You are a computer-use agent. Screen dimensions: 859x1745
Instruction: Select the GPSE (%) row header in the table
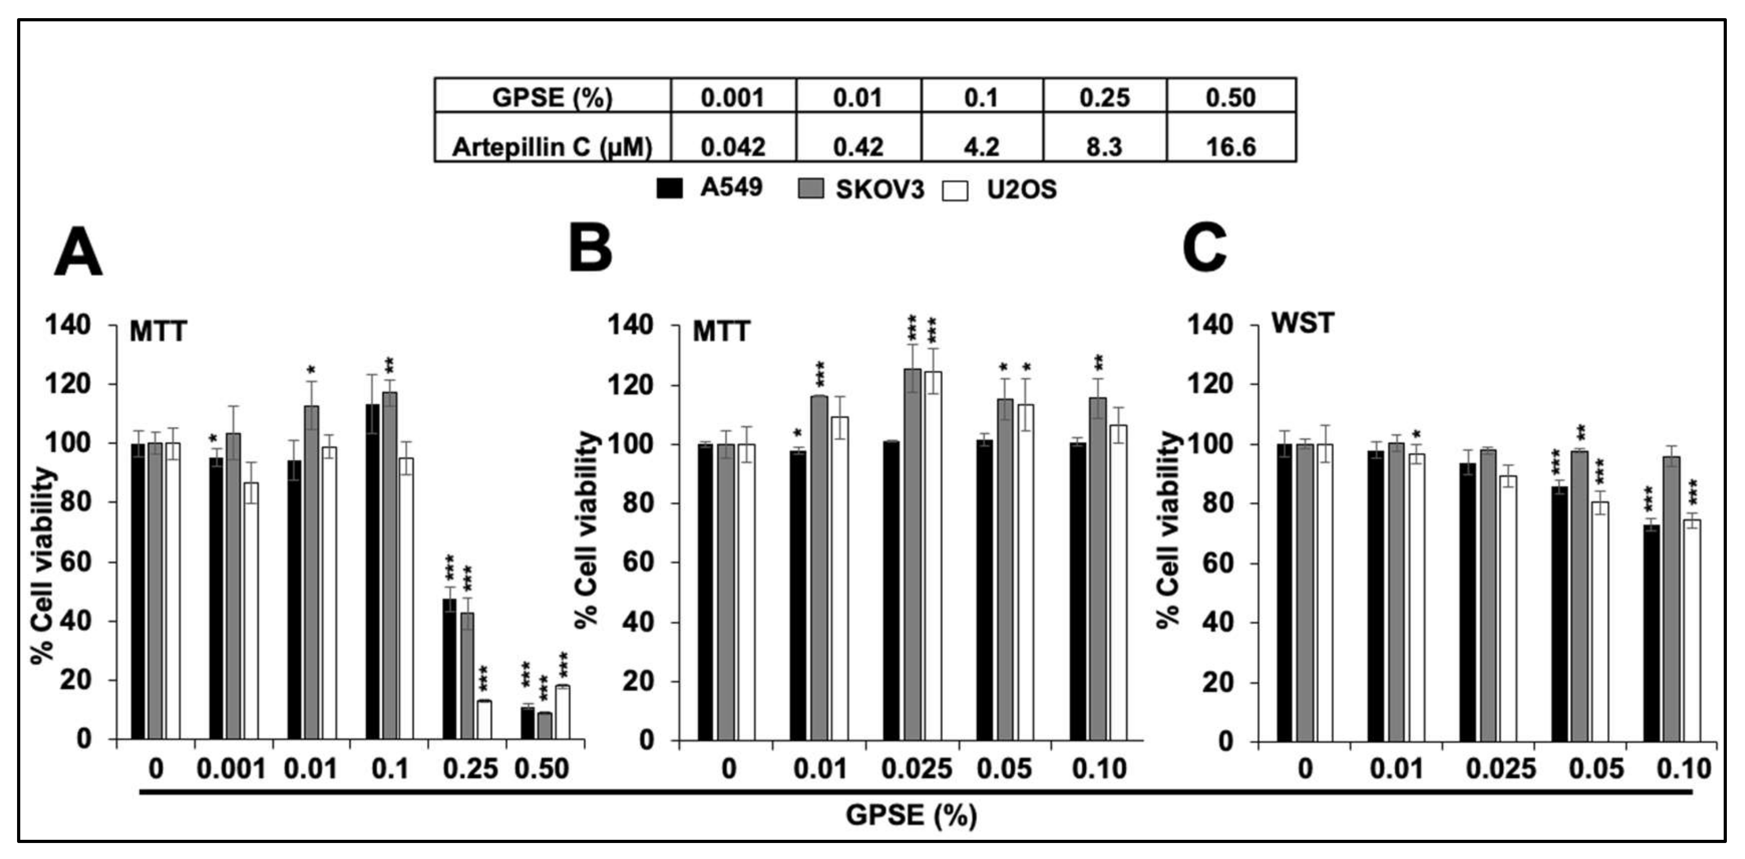tap(552, 98)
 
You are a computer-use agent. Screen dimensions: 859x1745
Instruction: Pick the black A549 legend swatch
tap(669, 188)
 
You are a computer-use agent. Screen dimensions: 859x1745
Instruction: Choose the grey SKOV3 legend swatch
tap(811, 188)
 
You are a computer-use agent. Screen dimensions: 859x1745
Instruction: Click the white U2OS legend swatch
tap(955, 191)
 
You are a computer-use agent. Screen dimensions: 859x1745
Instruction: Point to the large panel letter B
tap(590, 249)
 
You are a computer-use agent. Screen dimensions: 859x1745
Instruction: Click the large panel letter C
tap(1204, 249)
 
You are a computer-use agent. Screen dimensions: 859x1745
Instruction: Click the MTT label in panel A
tap(158, 332)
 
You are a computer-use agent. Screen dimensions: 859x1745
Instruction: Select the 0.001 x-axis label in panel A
tap(230, 769)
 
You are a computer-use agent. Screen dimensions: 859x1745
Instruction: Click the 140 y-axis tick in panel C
tap(1208, 325)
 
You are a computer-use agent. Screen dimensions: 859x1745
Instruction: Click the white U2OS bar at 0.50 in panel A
tap(562, 713)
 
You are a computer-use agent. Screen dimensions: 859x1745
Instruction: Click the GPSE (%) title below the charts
tap(911, 815)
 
